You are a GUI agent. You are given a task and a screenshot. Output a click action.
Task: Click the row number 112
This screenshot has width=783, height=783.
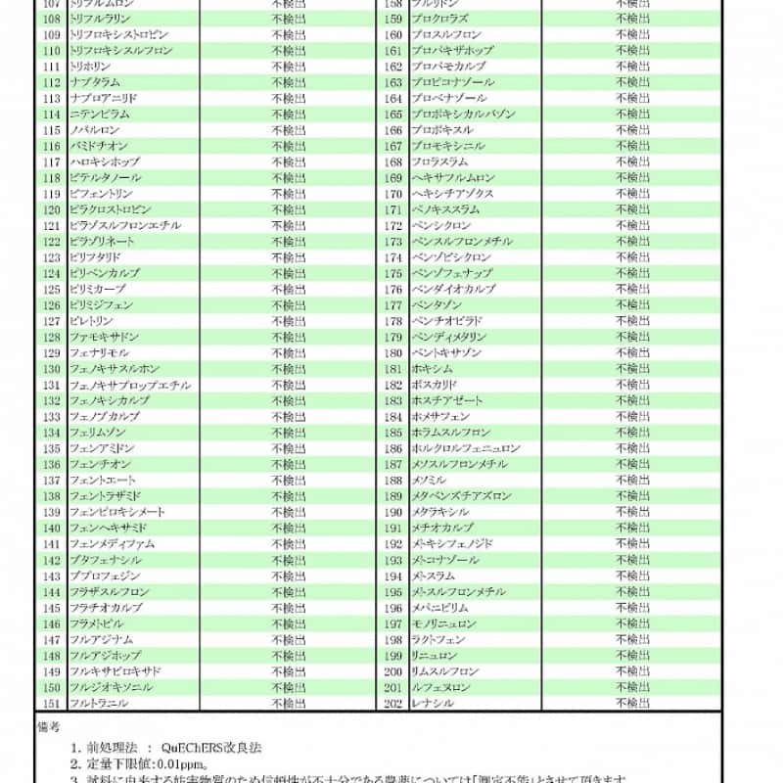coord(52,82)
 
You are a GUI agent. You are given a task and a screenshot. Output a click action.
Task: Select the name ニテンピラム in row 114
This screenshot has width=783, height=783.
coord(99,115)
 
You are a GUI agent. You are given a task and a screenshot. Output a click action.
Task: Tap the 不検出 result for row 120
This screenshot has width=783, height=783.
coord(289,209)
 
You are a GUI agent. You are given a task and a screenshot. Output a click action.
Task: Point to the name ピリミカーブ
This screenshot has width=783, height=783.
coord(97,290)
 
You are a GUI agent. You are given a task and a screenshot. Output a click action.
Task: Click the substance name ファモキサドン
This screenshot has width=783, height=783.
coord(104,337)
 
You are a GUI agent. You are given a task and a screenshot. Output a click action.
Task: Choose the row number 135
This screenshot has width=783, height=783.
coord(52,448)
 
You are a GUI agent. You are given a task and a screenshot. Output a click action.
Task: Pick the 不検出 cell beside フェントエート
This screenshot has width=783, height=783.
coord(289,481)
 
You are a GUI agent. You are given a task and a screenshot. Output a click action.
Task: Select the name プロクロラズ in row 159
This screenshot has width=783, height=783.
coord(439,19)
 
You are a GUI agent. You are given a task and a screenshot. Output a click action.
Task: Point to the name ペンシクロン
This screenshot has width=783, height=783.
coord(441,225)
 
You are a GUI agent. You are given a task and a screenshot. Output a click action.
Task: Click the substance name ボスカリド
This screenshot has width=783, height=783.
coord(434,385)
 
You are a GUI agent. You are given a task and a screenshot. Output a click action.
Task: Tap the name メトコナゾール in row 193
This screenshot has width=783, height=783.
coord(445,560)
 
